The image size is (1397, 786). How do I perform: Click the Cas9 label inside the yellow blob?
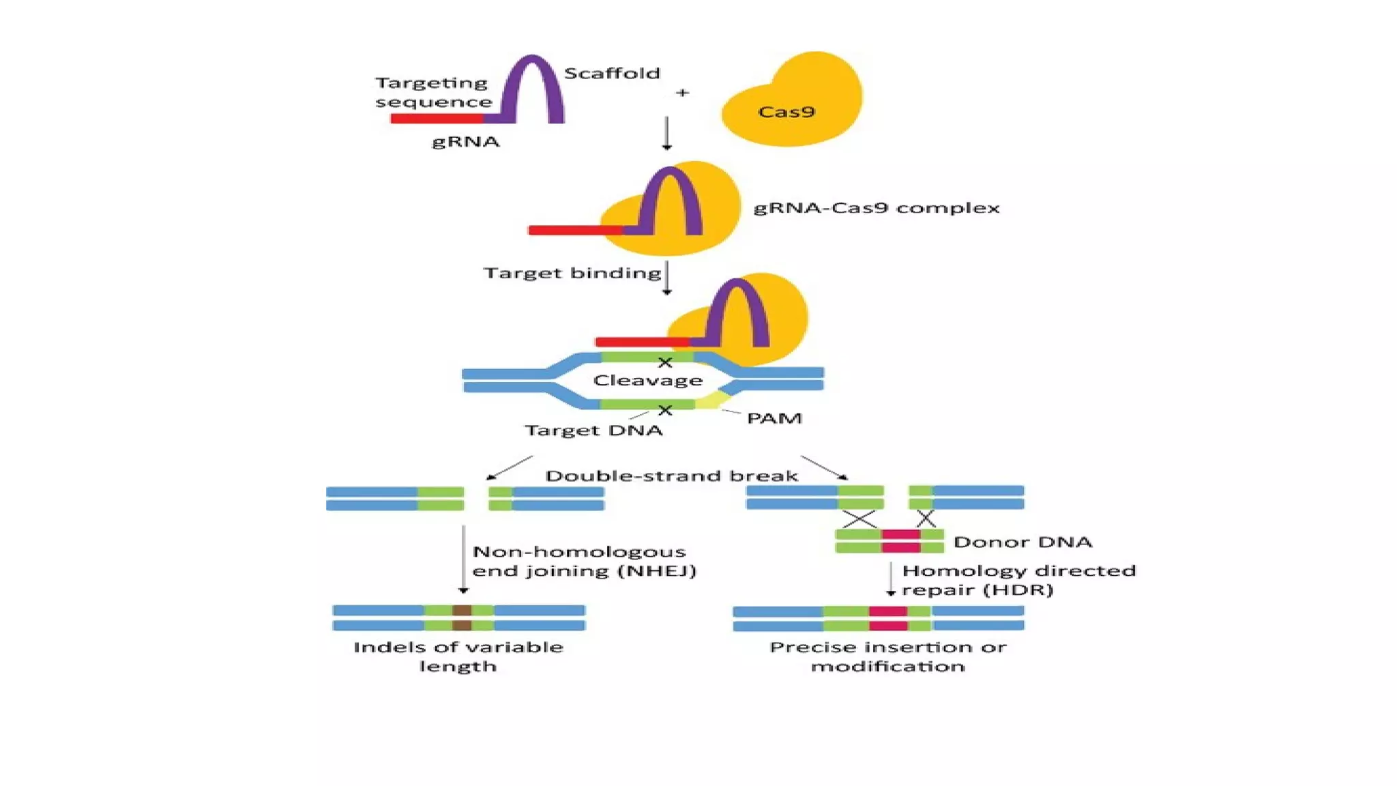click(x=786, y=112)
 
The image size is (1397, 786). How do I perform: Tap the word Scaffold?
click(x=612, y=73)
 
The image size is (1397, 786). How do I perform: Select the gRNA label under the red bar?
click(x=466, y=141)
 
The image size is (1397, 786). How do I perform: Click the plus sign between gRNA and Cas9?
click(x=682, y=92)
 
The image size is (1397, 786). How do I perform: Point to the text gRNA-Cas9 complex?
click(x=876, y=207)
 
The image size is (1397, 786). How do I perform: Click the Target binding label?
click(x=572, y=273)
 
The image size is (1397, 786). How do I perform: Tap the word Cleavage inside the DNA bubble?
click(x=647, y=380)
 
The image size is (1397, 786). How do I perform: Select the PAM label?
click(x=774, y=418)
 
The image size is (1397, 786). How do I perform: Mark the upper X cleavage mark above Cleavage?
click(x=665, y=362)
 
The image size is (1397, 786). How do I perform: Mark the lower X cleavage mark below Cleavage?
click(x=665, y=410)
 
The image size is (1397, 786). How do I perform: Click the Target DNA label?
click(x=593, y=431)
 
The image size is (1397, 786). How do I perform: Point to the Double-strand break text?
click(x=671, y=476)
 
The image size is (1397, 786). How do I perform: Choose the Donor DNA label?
click(x=1022, y=542)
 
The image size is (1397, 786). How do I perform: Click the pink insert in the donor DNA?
click(x=900, y=540)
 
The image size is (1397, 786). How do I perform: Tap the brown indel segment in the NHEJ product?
click(x=462, y=617)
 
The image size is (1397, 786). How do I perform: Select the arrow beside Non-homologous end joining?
click(x=463, y=559)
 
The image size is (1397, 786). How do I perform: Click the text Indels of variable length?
click(x=458, y=656)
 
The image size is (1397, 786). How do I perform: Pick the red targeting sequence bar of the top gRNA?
click(x=437, y=119)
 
